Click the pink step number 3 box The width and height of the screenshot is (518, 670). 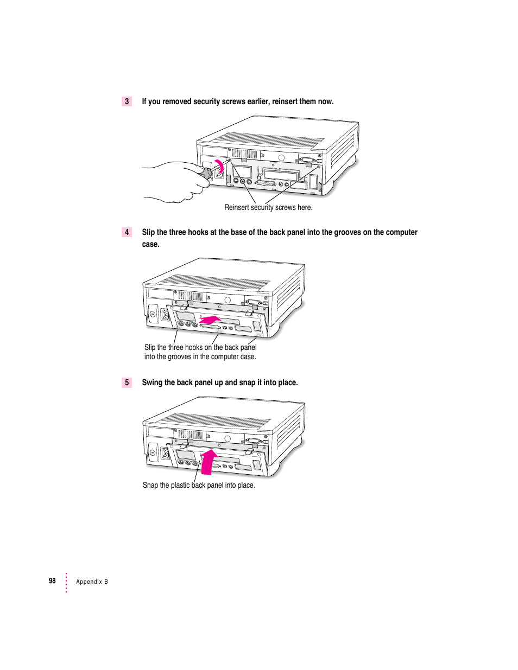coord(127,101)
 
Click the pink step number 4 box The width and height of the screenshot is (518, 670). coord(127,232)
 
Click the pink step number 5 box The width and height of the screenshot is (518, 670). coord(127,382)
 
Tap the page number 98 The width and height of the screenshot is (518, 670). coord(52,580)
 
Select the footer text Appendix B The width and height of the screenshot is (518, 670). coord(92,582)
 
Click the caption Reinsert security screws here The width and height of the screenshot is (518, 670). coord(268,207)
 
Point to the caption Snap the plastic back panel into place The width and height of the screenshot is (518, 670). coord(199,485)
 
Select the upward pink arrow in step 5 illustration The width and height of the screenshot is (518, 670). coord(209,462)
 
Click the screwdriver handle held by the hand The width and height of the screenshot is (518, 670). coord(206,174)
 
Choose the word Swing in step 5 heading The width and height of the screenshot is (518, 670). coord(152,382)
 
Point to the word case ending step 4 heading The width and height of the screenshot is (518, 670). coord(150,244)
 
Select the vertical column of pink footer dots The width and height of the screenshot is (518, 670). coord(66,582)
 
